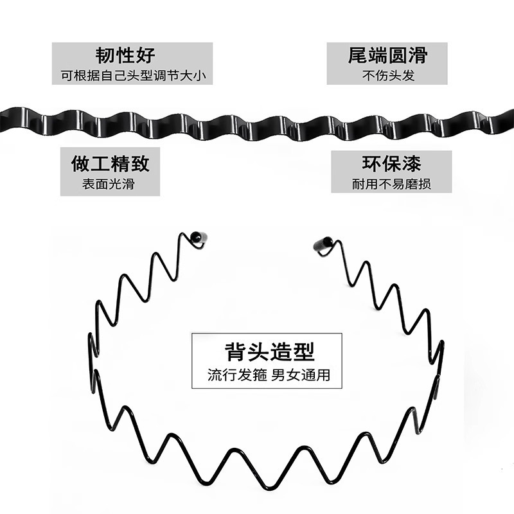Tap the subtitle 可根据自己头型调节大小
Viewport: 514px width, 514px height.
click(x=132, y=75)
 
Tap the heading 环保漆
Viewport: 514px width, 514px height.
click(x=391, y=163)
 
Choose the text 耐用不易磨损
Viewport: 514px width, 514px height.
click(x=391, y=184)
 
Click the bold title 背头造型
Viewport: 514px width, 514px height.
click(x=269, y=351)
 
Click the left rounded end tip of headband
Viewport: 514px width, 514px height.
click(x=200, y=238)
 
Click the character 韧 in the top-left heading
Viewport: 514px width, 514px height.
click(x=105, y=54)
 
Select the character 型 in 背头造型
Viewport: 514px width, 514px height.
click(x=304, y=351)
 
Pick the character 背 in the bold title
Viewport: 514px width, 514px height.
click(x=235, y=351)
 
